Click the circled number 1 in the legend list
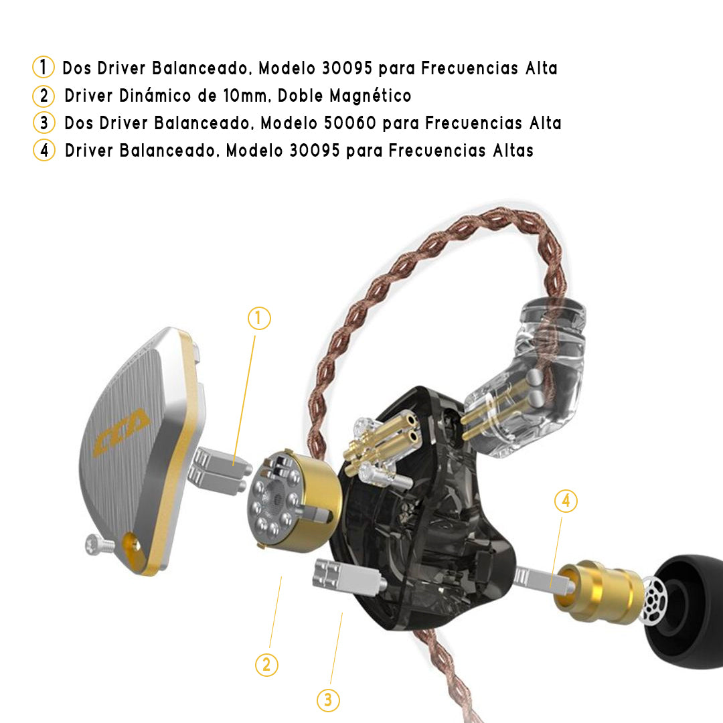point(44,67)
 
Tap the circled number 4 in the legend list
point(44,150)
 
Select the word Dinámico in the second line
point(155,96)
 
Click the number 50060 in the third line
point(350,123)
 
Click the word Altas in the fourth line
point(513,151)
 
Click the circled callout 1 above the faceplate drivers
point(259,318)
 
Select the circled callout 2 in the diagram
point(266,665)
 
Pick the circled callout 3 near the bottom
point(328,700)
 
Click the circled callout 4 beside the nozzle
point(566,501)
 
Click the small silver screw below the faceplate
point(99,544)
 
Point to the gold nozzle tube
point(599,590)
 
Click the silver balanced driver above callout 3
point(348,576)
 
